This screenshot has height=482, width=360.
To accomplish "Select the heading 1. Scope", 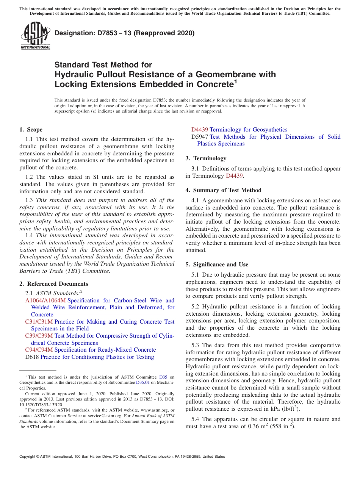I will point(31,130).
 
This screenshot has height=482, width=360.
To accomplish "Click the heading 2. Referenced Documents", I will point(54,284).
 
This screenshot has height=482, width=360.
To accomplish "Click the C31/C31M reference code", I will point(39,322).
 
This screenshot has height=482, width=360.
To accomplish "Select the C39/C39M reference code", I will point(39,336).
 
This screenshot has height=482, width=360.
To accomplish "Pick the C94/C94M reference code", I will point(39,350).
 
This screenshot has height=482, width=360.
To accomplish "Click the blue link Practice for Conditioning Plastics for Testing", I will point(97,357).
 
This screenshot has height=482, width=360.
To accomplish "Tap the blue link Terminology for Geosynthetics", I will point(248,130).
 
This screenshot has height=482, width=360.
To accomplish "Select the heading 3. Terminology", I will point(206,158).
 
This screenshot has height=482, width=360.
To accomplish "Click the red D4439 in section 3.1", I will point(234,176).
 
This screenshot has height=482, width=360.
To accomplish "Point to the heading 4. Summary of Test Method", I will point(224,190).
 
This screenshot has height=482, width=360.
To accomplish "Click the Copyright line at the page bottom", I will point(122,457).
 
